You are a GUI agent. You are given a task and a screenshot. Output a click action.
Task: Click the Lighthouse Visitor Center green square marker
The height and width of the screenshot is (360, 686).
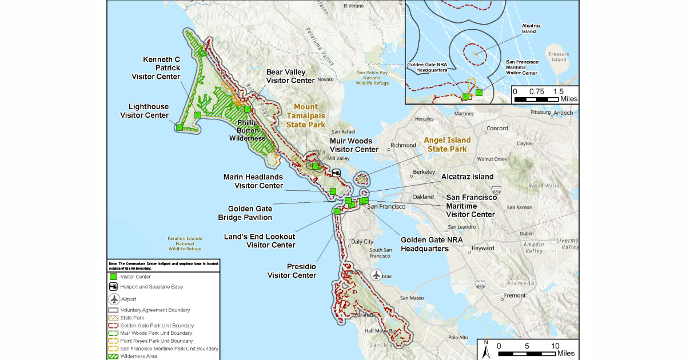pos(180,127)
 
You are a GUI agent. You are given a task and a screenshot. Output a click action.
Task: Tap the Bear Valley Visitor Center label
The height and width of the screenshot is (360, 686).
pos(290,77)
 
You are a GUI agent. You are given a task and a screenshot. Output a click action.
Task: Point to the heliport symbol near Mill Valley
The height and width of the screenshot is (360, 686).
pos(336,173)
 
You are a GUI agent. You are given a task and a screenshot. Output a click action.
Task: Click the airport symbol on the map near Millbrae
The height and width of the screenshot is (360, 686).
pos(376,275)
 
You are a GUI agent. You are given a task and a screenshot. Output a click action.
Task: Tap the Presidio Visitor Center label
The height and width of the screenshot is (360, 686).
pos(292,271)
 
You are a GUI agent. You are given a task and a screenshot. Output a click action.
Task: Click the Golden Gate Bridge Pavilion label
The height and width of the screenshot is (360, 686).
pos(250,213)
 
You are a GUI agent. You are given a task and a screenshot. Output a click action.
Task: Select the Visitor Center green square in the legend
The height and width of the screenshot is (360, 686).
pos(114,277)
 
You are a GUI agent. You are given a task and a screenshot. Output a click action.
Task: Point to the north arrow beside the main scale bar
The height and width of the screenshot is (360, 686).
pos(485,347)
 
